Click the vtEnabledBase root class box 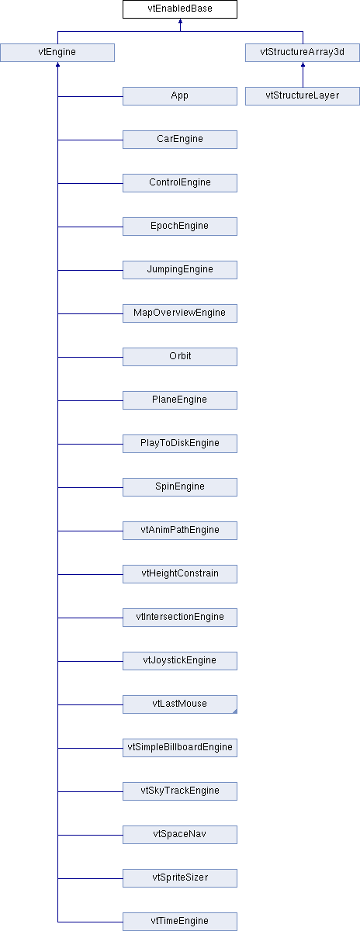179,9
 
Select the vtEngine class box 57,53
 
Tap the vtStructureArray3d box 303,53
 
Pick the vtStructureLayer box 303,96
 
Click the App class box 179,96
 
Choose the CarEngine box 179,140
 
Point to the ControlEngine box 179,183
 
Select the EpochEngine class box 179,227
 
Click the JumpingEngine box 179,270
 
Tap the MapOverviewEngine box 179,313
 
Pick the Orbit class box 179,357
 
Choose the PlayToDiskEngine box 179,444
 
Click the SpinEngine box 179,487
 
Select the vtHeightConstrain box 179,574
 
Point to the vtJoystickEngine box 179,661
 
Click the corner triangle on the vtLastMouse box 235,711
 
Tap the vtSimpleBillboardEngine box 179,748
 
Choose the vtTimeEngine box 179,922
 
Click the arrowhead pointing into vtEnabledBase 180,21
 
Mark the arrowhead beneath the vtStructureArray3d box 303,64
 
